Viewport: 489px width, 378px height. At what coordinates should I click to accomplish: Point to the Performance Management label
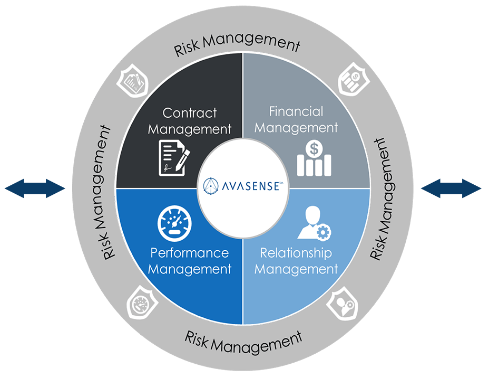pos(189,261)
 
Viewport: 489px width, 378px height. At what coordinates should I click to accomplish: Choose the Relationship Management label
pos(296,261)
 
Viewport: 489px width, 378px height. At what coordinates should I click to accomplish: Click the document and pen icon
pos(173,158)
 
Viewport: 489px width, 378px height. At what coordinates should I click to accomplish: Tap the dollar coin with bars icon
pos(315,158)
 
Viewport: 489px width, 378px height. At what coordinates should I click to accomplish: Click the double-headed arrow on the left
pos(34,188)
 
